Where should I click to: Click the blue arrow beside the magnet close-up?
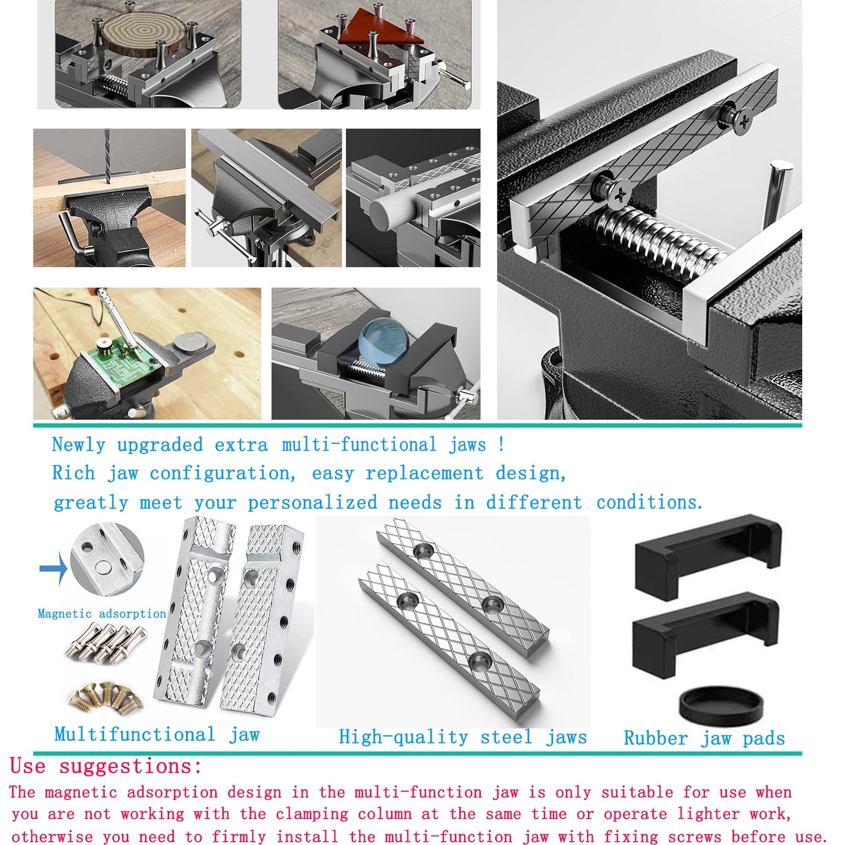pyautogui.click(x=53, y=568)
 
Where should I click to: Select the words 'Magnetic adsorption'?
pyautogui.click(x=102, y=613)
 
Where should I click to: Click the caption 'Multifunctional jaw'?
pyautogui.click(x=157, y=735)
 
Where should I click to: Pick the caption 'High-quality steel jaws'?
pyautogui.click(x=462, y=737)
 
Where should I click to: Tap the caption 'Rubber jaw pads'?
pyautogui.click(x=704, y=739)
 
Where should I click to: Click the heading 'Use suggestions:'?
pyautogui.click(x=106, y=767)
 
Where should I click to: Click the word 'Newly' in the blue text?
pyautogui.click(x=78, y=445)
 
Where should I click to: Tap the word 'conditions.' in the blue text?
pyautogui.click(x=650, y=502)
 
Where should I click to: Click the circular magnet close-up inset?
pyautogui.click(x=107, y=559)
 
